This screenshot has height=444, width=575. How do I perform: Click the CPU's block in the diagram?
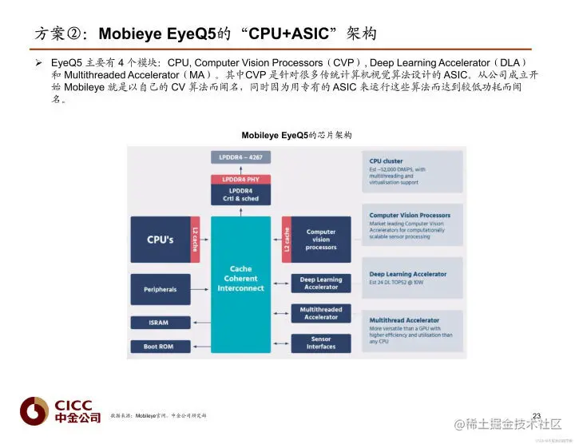(161, 240)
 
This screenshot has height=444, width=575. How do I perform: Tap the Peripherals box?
(161, 289)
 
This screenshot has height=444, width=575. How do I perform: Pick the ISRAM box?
(161, 323)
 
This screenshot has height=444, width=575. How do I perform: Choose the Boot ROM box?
(161, 347)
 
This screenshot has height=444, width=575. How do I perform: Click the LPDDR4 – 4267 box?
(241, 157)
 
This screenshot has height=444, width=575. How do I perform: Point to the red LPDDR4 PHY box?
(241, 180)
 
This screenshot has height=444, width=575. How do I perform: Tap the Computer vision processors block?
(321, 240)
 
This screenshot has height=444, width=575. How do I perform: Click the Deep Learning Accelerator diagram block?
(321, 283)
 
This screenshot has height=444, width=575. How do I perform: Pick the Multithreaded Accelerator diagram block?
(321, 313)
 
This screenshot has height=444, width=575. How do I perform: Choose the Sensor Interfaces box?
(321, 343)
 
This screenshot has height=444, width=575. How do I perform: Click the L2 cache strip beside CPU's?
(195, 240)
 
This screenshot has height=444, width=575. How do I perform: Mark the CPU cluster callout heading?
(387, 161)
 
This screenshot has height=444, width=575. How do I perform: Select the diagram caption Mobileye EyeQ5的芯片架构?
(296, 136)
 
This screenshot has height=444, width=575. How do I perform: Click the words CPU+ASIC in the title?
(288, 35)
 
